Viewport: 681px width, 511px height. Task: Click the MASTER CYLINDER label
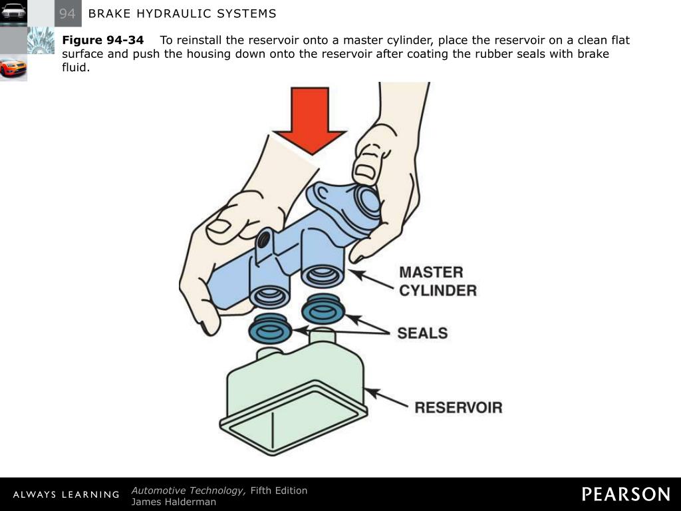(x=437, y=281)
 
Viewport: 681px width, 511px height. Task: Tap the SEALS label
(x=422, y=333)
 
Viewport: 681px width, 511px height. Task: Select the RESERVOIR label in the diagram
(x=458, y=407)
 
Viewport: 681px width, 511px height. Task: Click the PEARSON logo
(x=626, y=494)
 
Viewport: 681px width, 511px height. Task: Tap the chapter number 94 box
(x=67, y=13)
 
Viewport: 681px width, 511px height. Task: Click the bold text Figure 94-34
(x=102, y=41)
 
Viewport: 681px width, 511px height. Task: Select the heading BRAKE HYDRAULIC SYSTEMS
(x=182, y=13)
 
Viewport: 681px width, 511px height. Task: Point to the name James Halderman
(x=174, y=502)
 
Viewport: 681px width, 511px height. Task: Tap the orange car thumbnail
(x=13, y=68)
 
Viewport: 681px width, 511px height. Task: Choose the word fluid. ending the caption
(x=75, y=67)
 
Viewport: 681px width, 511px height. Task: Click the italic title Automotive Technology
(x=188, y=490)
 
